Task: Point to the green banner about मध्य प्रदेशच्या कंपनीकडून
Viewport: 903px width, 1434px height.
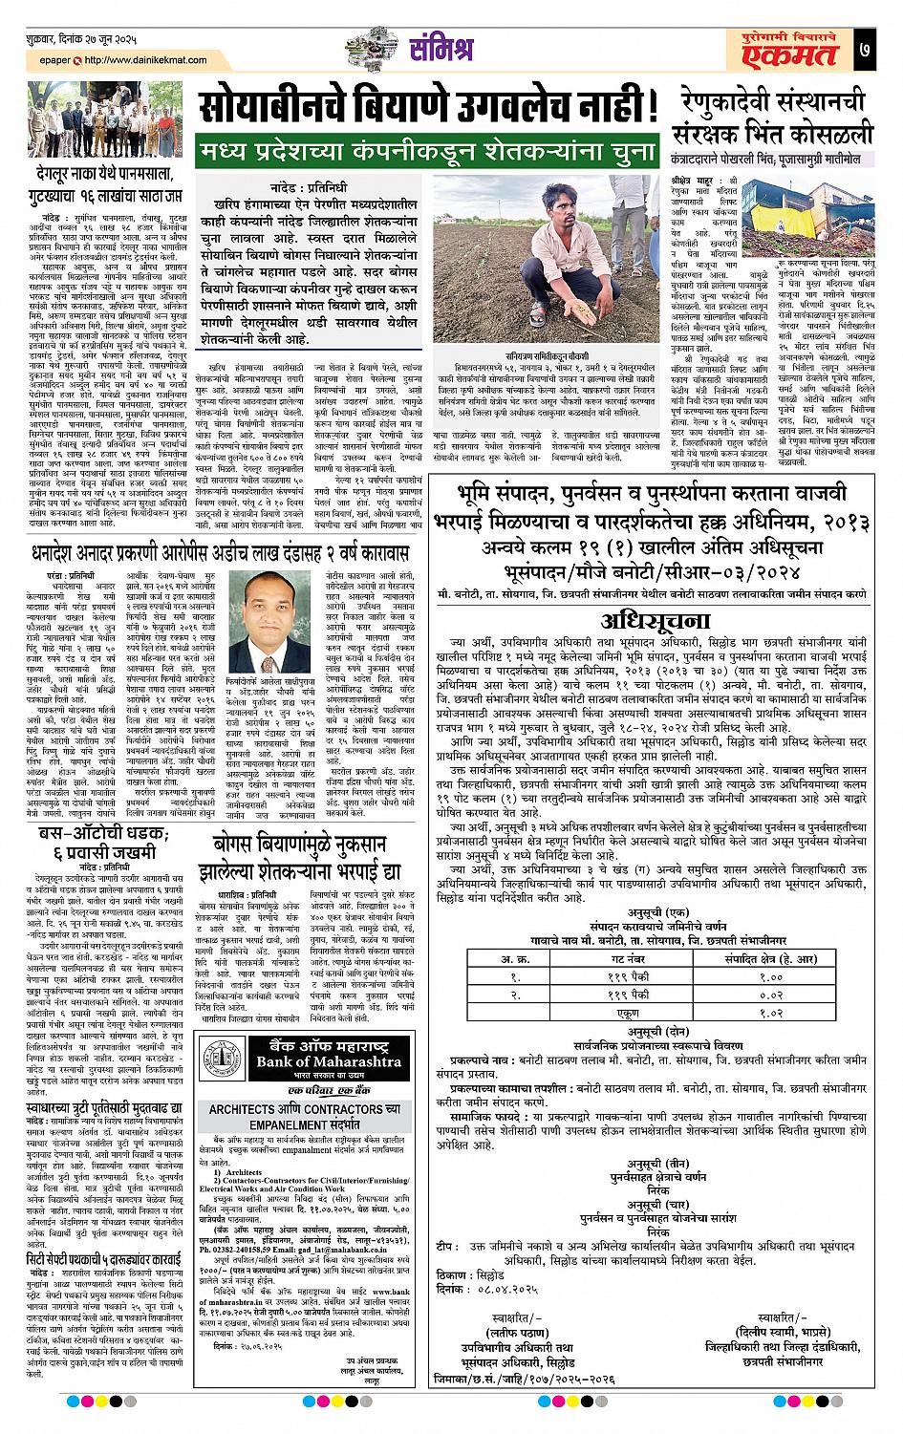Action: (427, 151)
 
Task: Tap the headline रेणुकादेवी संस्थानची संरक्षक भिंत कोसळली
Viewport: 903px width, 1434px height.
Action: (774, 117)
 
